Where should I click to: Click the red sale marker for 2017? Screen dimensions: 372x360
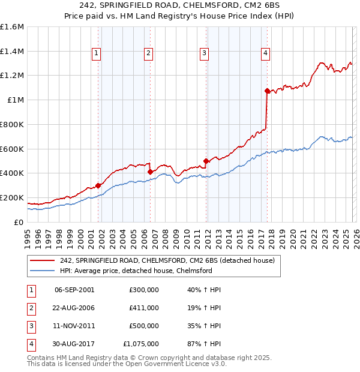pos(267,91)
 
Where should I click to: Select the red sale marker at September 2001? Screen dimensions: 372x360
pos(98,185)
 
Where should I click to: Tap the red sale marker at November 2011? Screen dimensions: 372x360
pos(206,161)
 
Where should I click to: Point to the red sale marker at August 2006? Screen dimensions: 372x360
pos(150,172)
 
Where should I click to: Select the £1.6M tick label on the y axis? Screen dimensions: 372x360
pos(12,27)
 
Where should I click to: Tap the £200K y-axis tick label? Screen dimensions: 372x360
pos(12,197)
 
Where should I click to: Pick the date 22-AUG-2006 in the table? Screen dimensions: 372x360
pos(74,308)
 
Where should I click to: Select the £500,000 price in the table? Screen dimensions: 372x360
pos(144,326)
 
